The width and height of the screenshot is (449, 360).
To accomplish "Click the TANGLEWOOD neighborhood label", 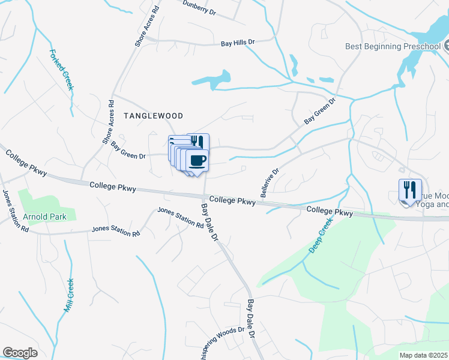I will click(152, 115).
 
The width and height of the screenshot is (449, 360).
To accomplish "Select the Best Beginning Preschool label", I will click(393, 46).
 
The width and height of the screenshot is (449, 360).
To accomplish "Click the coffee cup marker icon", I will click(197, 160).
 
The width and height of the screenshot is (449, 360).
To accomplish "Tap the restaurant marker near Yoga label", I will click(410, 190).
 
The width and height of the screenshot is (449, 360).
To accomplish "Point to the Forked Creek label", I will click(62, 70).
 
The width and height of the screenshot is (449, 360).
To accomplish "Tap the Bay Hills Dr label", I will click(238, 43).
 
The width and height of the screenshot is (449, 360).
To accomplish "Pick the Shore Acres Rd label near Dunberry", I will click(147, 26).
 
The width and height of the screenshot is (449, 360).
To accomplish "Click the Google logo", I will click(20, 352).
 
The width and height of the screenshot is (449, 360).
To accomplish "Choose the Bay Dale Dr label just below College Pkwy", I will click(209, 222).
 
